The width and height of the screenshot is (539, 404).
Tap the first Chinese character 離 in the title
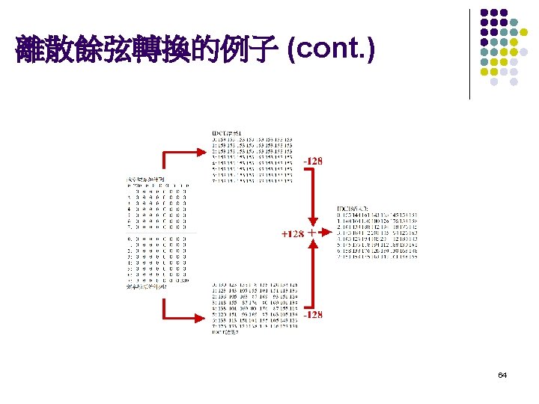tap(28, 50)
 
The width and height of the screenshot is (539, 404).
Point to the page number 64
tap(502, 374)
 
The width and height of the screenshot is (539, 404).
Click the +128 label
tap(292, 234)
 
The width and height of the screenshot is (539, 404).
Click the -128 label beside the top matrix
tap(313, 161)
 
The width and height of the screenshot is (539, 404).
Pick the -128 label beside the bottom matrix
tap(313, 315)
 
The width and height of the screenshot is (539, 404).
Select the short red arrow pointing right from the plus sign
tap(326, 233)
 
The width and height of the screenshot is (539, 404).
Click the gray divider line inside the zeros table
tap(157, 233)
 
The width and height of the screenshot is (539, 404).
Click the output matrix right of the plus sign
tap(377, 234)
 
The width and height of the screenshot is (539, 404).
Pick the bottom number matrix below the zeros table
tap(252, 308)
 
